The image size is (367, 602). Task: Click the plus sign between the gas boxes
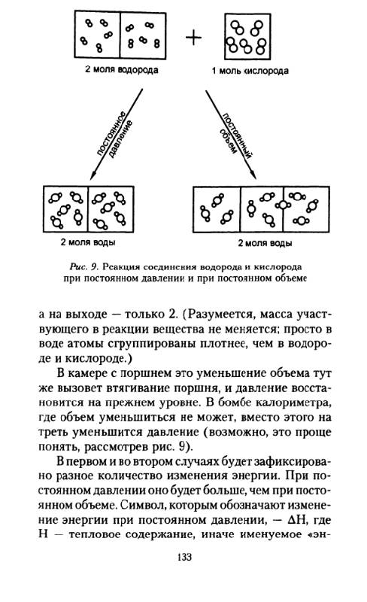pyautogui.click(x=193, y=38)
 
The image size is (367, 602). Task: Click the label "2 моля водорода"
pyautogui.click(x=122, y=70)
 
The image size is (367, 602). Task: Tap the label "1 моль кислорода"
pyautogui.click(x=250, y=71)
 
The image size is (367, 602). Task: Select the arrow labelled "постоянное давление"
pyautogui.click(x=117, y=135)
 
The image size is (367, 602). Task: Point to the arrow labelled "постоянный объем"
pyautogui.click(x=231, y=135)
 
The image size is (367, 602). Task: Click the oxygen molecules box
pyautogui.click(x=247, y=36)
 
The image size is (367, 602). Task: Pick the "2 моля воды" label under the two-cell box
pyautogui.click(x=88, y=242)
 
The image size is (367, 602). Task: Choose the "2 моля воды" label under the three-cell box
pyautogui.click(x=265, y=243)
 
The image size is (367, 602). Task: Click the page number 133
pyautogui.click(x=184, y=557)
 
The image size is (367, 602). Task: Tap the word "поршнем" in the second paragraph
pyautogui.click(x=149, y=373)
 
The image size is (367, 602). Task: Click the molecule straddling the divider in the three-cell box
pyautogui.click(x=284, y=205)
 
